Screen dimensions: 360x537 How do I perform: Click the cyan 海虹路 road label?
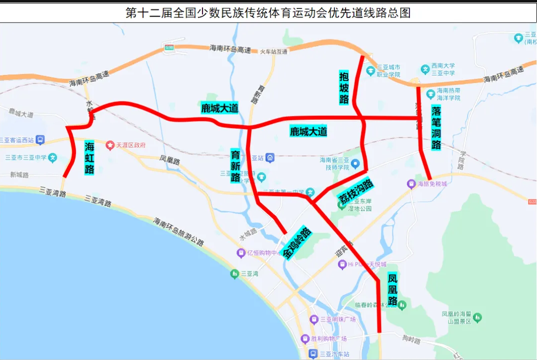pos(89,158)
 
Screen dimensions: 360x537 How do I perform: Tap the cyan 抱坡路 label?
pos(344,87)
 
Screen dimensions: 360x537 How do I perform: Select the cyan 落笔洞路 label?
pos(436,127)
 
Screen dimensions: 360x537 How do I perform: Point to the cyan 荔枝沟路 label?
pos(355,190)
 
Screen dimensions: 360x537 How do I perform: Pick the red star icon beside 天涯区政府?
pos(110,145)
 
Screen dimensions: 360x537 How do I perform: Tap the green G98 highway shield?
pos(168,47)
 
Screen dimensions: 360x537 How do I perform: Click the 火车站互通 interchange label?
pos(273,51)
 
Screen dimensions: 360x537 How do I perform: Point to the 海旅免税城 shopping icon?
pos(411,184)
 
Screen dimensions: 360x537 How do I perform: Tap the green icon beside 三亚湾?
pos(234,273)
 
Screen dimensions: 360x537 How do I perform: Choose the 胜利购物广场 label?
pos(328,339)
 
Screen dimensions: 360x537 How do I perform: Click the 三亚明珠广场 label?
pos(337,319)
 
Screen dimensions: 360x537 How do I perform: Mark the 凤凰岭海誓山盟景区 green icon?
pos(477,317)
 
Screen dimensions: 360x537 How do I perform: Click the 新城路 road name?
pos(19,175)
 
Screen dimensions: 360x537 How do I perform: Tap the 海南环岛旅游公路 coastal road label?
pos(179,232)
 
